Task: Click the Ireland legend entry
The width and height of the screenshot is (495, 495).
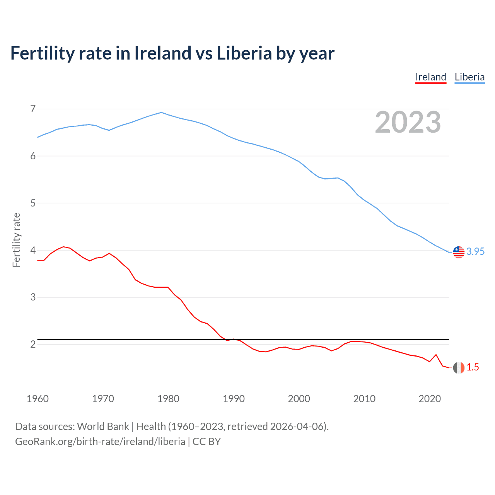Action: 431,77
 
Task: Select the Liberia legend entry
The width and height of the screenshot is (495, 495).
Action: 469,77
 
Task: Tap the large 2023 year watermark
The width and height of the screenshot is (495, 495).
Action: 408,122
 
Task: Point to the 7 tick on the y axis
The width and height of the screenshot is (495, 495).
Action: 33,109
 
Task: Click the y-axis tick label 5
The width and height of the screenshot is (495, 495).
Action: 33,203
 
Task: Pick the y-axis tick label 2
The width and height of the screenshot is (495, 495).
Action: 33,344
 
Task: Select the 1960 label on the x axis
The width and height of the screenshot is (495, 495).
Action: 38,399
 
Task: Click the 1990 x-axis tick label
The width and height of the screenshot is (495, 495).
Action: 234,399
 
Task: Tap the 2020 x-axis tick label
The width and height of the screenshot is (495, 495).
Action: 430,399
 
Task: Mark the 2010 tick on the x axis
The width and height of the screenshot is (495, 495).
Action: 364,399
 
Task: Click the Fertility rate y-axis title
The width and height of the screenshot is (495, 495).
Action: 16,240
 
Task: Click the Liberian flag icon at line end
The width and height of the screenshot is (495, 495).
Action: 459,252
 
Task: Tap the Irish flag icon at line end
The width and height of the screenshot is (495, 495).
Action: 459,368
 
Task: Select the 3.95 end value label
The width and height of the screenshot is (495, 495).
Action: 475,252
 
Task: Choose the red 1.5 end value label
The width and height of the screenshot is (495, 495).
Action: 473,367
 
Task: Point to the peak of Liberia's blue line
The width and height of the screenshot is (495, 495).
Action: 162,113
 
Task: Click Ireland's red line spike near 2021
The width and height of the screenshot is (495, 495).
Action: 436,355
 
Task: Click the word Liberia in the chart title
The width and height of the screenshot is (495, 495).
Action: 244,53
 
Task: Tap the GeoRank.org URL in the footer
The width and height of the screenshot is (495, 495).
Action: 100,442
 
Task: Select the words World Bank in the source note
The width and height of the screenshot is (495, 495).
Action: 103,427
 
